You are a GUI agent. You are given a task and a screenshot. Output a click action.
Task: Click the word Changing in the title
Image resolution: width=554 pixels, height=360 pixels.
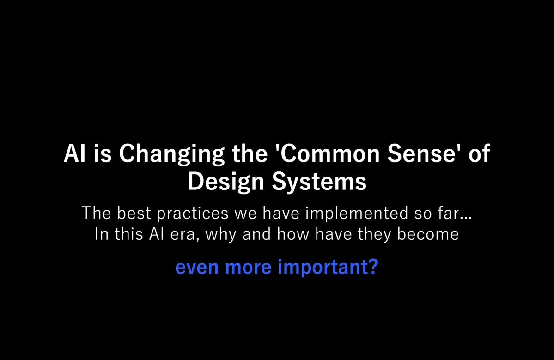click(171, 154)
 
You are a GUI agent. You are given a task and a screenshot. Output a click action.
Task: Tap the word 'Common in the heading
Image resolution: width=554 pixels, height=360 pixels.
click(327, 153)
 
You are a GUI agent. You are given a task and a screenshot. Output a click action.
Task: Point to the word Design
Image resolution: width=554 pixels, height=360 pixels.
click(226, 183)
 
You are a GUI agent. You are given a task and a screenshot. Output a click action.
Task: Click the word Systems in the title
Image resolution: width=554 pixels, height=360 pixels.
click(319, 183)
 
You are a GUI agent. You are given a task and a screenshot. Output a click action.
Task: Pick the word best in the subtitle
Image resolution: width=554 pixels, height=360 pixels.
click(134, 213)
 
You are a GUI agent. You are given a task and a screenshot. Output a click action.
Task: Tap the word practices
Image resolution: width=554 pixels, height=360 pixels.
click(193, 214)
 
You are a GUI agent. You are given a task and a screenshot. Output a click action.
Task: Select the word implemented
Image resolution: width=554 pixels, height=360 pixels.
click(357, 214)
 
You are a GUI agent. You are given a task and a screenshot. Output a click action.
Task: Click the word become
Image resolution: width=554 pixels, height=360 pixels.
click(428, 234)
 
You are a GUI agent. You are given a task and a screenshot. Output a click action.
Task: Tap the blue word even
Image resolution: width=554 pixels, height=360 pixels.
click(197, 267)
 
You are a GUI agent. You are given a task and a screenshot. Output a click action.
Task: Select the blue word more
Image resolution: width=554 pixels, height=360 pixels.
click(248, 267)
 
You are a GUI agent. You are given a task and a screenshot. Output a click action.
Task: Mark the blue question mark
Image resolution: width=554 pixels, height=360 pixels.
click(373, 266)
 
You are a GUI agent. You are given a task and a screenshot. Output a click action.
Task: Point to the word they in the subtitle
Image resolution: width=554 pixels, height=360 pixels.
click(375, 235)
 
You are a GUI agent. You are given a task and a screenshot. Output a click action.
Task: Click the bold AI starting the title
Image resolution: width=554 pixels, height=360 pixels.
click(74, 153)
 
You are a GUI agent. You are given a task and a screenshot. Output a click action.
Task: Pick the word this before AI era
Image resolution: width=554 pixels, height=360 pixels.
click(128, 234)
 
